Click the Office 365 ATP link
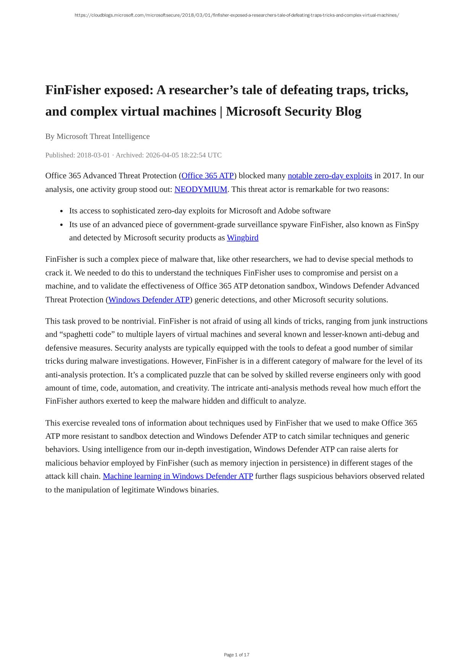pos(208,176)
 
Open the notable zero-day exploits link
pos(330,176)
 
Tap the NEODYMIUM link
pos(201,189)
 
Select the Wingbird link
pos(243,238)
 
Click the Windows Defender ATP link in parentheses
pos(149,300)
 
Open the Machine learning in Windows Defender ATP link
pos(178,476)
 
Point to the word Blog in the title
pos(348,112)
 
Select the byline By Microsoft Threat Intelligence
pos(97,137)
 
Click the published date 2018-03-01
pos(93,155)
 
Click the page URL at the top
pos(237,15)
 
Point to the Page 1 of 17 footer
pos(237,655)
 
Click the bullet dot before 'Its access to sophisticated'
pos(62,211)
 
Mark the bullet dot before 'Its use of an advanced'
pos(62,225)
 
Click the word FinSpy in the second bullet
pos(407,224)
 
